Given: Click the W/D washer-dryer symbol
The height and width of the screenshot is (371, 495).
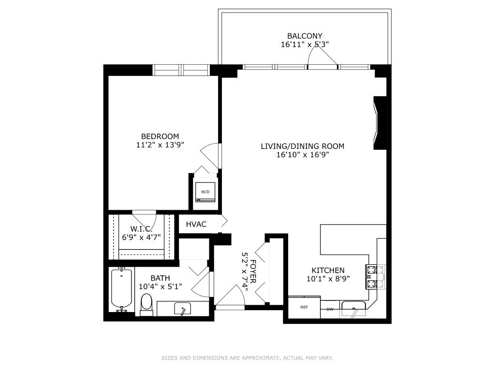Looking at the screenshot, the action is pyautogui.click(x=205, y=192).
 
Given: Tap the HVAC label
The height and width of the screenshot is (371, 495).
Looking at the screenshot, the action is pyautogui.click(x=196, y=224).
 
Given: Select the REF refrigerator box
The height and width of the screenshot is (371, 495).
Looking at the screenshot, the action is pyautogui.click(x=305, y=308).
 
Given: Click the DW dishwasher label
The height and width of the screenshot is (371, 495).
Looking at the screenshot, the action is pyautogui.click(x=330, y=309).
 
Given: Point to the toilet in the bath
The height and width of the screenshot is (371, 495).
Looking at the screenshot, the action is pyautogui.click(x=146, y=305).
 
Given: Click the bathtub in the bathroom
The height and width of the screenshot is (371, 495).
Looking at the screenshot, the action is pyautogui.click(x=121, y=290).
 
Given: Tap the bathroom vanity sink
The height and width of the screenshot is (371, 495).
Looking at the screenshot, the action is pyautogui.click(x=183, y=309).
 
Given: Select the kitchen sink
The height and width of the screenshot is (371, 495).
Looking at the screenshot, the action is pyautogui.click(x=354, y=309).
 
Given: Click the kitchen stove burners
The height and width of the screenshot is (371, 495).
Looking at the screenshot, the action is pyautogui.click(x=375, y=277).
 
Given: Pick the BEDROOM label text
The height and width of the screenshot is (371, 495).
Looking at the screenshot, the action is pyautogui.click(x=160, y=137).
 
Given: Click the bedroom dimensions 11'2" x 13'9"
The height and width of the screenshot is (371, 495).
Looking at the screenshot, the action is pyautogui.click(x=160, y=145).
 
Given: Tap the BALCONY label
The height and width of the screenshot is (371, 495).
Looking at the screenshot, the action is pyautogui.click(x=305, y=36).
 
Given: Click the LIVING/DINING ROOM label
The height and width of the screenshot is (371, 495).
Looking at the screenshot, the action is pyautogui.click(x=303, y=146).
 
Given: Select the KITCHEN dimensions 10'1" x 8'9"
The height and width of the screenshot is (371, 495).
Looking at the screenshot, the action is pyautogui.click(x=328, y=279).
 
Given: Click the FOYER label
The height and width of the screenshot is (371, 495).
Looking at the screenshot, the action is pyautogui.click(x=253, y=271).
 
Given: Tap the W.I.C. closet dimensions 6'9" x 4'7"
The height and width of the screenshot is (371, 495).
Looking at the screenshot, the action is pyautogui.click(x=142, y=237).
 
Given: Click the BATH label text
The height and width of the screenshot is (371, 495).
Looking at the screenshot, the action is pyautogui.click(x=160, y=278).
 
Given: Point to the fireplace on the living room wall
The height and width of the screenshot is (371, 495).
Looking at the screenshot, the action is pyautogui.click(x=380, y=123).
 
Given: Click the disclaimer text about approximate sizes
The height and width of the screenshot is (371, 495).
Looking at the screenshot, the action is pyautogui.click(x=247, y=358).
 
